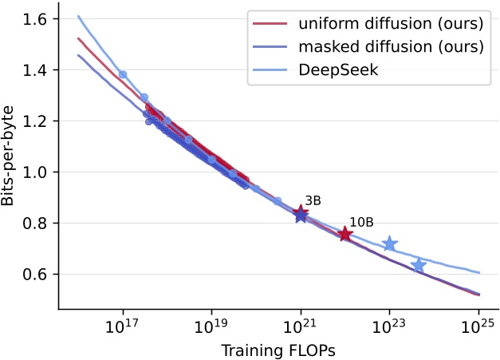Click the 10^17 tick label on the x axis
pyautogui.click(x=122, y=327)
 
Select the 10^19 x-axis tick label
pyautogui.click(x=211, y=327)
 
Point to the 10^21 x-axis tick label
pyautogui.click(x=301, y=327)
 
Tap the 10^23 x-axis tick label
pyautogui.click(x=389, y=327)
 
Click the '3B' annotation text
pyautogui.click(x=313, y=200)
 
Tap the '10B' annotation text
pyautogui.click(x=360, y=222)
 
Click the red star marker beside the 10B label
pyautogui.click(x=345, y=234)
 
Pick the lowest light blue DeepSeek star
pyautogui.click(x=419, y=264)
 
